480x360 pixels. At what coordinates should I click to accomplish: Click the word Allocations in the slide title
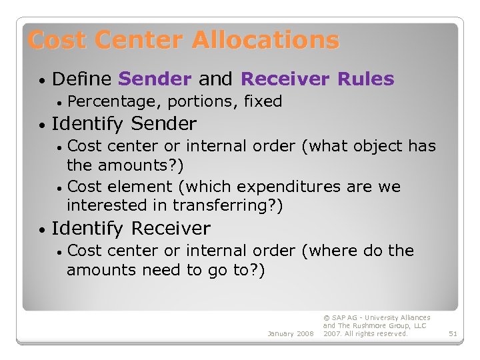pyautogui.click(x=265, y=41)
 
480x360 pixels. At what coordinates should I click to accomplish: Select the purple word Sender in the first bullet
pyautogui.click(x=155, y=79)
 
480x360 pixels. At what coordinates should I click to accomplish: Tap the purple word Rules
pyautogui.click(x=365, y=79)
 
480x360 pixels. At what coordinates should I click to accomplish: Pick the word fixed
pyautogui.click(x=263, y=102)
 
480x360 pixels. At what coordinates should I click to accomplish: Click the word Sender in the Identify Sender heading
pyautogui.click(x=164, y=124)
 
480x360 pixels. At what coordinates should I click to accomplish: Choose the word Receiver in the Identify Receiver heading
pyautogui.click(x=171, y=229)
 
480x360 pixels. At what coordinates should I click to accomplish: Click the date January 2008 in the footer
pyautogui.click(x=290, y=333)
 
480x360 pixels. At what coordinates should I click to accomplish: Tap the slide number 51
pyautogui.click(x=453, y=333)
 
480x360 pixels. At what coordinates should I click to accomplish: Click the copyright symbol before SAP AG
pyautogui.click(x=326, y=318)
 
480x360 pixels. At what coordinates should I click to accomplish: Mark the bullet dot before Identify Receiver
pyautogui.click(x=42, y=230)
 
